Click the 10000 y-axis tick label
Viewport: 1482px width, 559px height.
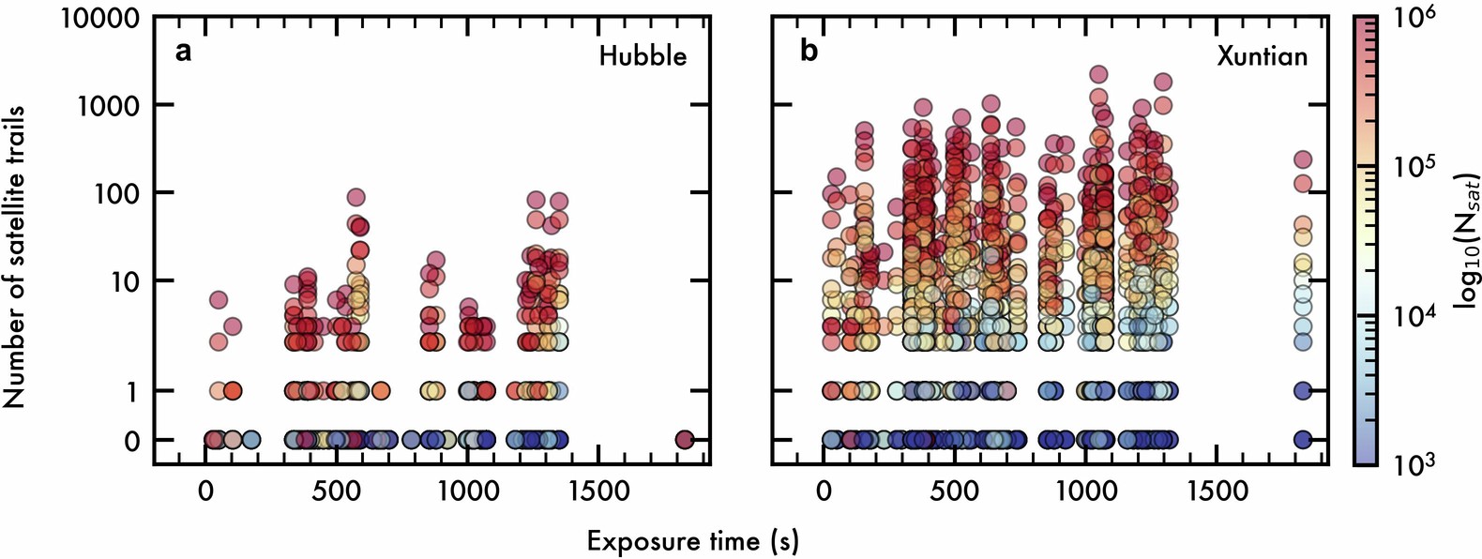101,18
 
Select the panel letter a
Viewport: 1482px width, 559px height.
184,51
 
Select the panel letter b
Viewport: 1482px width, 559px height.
809,51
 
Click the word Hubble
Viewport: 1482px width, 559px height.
643,56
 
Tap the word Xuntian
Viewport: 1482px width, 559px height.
1262,56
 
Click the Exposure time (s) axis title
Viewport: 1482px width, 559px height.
693,541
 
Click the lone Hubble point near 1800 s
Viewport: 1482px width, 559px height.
685,439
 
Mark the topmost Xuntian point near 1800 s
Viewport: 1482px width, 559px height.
1303,160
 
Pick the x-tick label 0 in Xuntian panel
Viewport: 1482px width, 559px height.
824,491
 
